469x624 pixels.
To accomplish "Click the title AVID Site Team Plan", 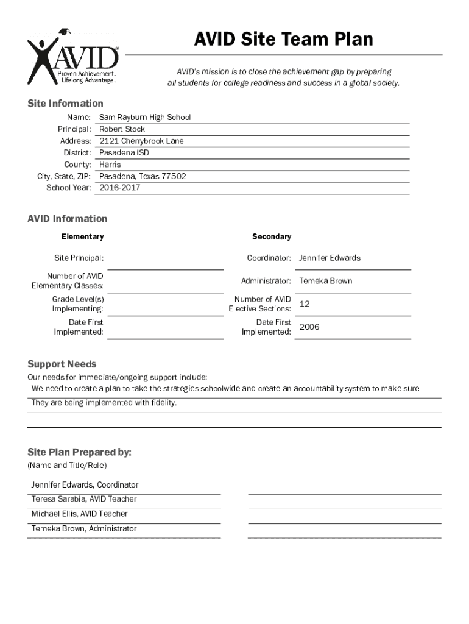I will (x=283, y=40).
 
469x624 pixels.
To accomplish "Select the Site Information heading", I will (x=65, y=104).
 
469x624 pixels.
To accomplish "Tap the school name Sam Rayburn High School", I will (x=145, y=117).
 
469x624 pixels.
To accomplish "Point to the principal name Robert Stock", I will (x=122, y=129).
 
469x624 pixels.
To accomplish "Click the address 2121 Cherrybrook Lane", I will (x=141, y=141).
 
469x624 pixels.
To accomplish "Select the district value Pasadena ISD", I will (x=124, y=152).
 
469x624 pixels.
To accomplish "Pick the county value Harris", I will (x=110, y=165).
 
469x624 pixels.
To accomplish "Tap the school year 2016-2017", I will (x=119, y=188).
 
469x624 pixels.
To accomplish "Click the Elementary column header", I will (x=82, y=236).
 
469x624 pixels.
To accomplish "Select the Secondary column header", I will (x=272, y=236).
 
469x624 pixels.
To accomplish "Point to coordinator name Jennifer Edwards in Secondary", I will (x=330, y=258).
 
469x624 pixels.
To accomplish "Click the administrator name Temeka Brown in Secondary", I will (x=325, y=281).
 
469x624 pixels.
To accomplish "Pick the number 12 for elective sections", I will (x=305, y=304).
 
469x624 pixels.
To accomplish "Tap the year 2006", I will (x=309, y=327).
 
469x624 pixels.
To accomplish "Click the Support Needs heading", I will (x=62, y=364).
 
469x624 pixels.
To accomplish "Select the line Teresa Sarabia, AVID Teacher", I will (x=84, y=499).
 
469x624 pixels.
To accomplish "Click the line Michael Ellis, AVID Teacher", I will (x=80, y=514).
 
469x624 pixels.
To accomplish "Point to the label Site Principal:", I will (x=79, y=258).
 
